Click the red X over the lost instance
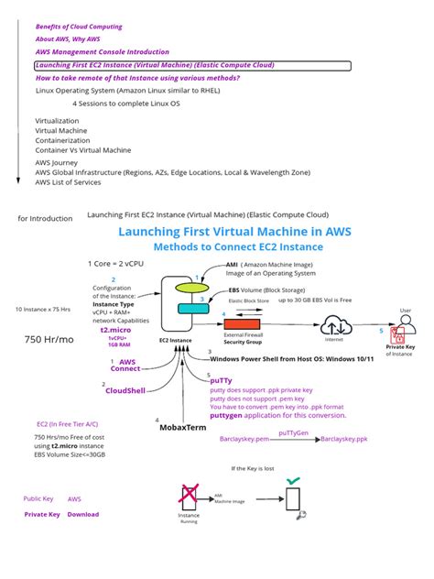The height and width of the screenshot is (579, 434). tap(188, 496)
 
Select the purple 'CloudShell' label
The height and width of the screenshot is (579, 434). tap(125, 390)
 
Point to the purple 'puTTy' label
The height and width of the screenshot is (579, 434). tap(224, 383)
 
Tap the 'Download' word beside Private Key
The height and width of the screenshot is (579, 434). tap(83, 514)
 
